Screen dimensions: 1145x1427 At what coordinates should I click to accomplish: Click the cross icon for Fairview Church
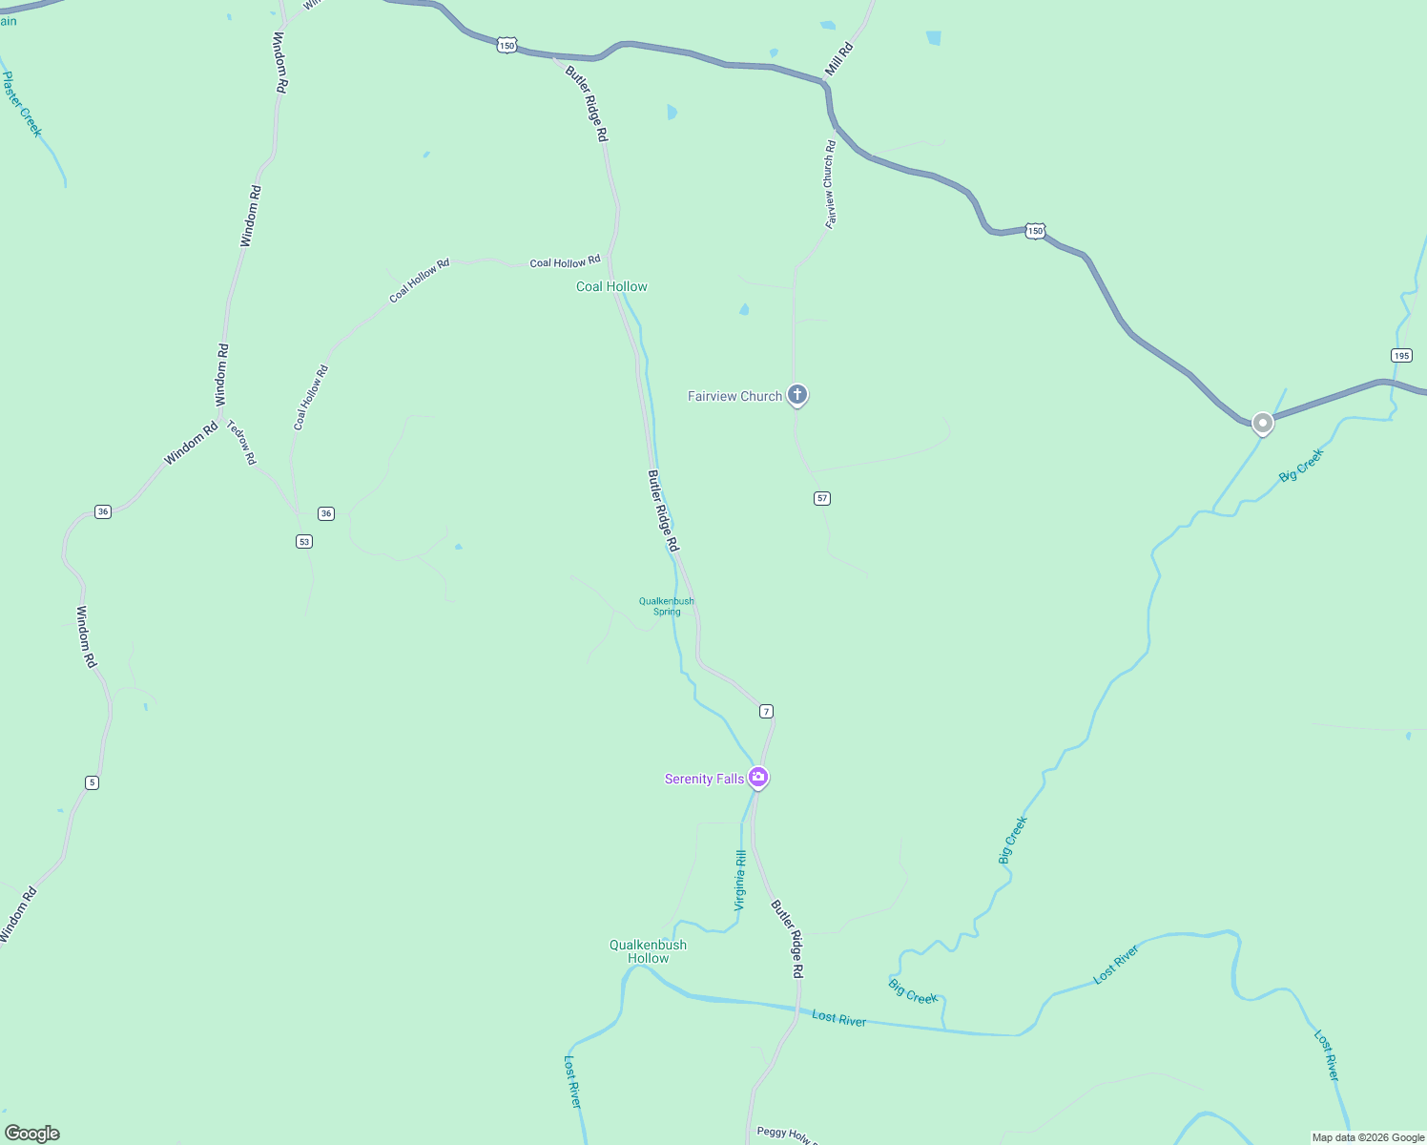tap(797, 394)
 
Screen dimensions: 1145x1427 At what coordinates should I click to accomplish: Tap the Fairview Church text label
tap(734, 396)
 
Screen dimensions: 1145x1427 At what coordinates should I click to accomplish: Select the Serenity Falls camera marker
tap(758, 778)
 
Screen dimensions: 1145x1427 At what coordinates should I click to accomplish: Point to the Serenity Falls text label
tap(704, 780)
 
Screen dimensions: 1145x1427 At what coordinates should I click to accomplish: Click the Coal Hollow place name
tap(611, 286)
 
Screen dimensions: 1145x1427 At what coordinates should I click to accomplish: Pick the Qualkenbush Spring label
tap(667, 606)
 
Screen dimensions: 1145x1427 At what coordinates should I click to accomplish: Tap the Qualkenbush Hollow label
tap(648, 951)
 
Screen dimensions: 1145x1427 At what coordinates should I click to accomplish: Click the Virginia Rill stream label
tap(740, 880)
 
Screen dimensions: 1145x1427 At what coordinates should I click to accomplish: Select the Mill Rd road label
tap(838, 59)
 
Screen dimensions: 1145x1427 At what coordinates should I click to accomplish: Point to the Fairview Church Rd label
tap(830, 184)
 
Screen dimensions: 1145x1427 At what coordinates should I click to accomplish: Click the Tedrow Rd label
tap(241, 442)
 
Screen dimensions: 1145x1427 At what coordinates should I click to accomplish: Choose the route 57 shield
tap(822, 498)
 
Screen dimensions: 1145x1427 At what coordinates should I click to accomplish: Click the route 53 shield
tap(303, 541)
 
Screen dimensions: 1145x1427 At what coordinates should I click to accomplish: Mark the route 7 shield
tap(766, 711)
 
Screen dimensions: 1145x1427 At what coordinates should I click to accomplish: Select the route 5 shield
tap(92, 782)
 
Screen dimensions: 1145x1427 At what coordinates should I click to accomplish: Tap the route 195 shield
tap(1400, 356)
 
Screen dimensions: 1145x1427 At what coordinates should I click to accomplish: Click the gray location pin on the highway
tap(1262, 423)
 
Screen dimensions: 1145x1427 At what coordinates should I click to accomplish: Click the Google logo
tap(32, 1134)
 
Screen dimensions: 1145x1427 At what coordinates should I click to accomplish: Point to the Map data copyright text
tap(1368, 1137)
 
